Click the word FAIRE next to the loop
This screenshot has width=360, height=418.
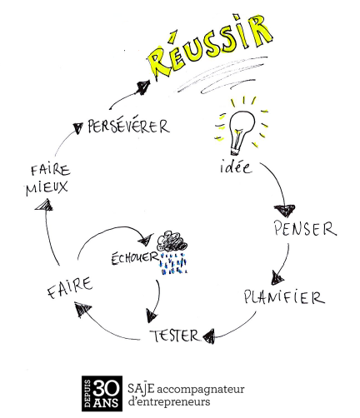point(69,291)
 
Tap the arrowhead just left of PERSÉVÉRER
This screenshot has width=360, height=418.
point(77,127)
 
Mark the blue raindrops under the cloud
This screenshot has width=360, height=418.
point(173,266)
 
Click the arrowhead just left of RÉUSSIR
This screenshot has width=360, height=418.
point(142,84)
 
